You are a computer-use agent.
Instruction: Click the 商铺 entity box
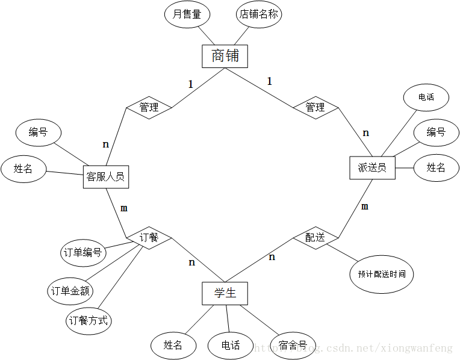tap(225, 56)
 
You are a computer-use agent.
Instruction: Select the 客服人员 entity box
tap(105, 176)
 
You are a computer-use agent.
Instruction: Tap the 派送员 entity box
tap(372, 167)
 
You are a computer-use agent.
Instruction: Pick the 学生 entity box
tap(225, 293)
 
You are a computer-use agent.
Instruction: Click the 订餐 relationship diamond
tap(149, 238)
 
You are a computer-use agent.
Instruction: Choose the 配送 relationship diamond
tap(315, 238)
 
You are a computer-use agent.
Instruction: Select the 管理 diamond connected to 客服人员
tap(149, 107)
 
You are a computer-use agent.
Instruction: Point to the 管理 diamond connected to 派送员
tap(315, 107)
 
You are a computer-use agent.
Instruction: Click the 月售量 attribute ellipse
tap(187, 14)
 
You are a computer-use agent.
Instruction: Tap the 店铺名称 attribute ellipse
tap(259, 14)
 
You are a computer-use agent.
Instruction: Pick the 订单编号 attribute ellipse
tap(83, 252)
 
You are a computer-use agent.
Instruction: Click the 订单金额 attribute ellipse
tap(70, 291)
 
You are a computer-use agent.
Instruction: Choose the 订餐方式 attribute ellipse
tap(89, 320)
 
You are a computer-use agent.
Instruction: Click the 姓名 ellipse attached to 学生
tap(173, 345)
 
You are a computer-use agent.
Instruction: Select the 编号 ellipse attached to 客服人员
tap(38, 132)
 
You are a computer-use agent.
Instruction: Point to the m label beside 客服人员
tap(124, 208)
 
